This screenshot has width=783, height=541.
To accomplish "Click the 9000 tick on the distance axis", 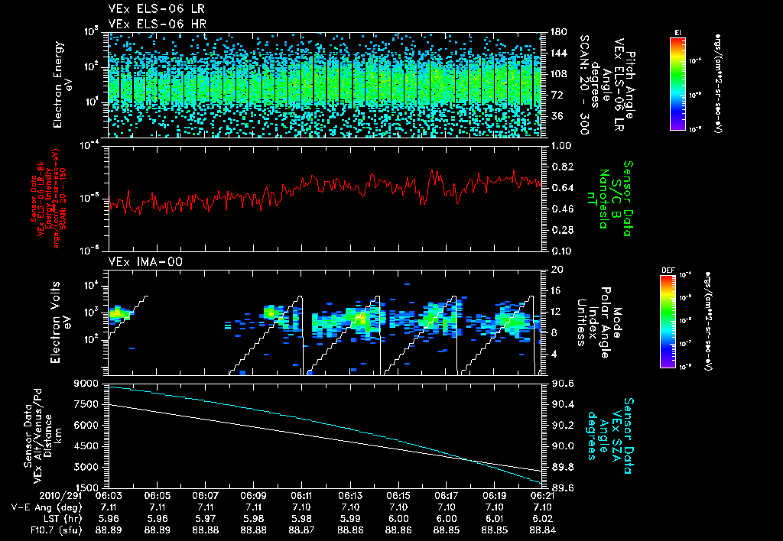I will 90,383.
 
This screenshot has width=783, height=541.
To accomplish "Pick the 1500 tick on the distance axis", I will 90,487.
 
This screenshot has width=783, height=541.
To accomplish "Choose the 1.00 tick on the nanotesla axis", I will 559,145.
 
